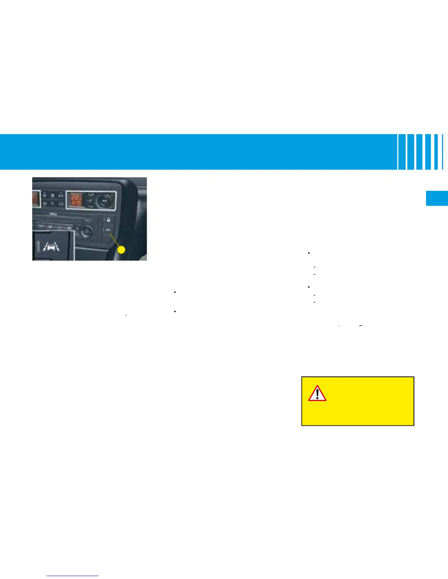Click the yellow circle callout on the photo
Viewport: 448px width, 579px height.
[121, 250]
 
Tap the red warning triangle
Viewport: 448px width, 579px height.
[317, 393]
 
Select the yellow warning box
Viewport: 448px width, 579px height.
[358, 401]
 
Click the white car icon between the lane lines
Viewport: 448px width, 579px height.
[53, 247]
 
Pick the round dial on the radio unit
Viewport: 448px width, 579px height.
[86, 231]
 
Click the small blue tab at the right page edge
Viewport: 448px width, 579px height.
[437, 198]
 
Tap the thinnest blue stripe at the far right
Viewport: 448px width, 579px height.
[443, 152]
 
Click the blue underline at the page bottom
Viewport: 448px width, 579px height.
[73, 576]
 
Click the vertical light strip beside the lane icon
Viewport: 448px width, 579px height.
[39, 246]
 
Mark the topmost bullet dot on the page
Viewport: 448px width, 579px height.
[309, 253]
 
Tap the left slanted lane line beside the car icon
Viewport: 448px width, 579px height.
[46, 247]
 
